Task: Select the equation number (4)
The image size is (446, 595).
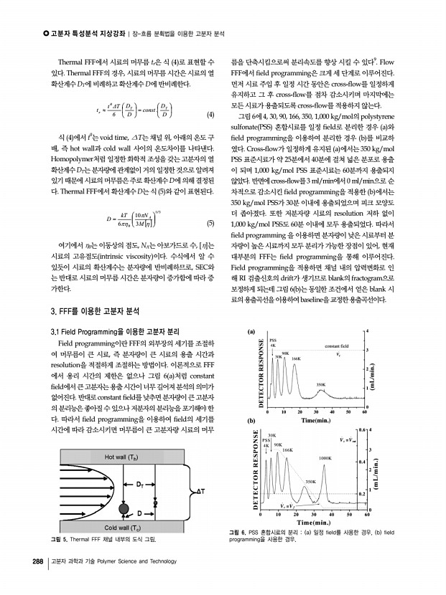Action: tap(211, 115)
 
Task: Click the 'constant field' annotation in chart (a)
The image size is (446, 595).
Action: tap(338, 346)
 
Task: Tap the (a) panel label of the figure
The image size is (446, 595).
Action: tap(251, 332)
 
